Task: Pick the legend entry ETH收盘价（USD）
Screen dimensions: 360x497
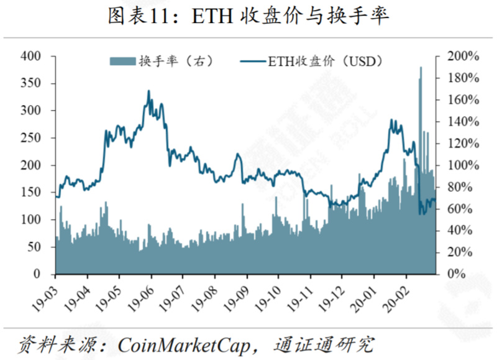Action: (x=311, y=61)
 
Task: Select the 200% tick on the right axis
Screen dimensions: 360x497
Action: (x=463, y=57)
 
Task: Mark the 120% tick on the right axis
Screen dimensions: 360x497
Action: (x=463, y=144)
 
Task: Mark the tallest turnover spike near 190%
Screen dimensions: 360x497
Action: (x=421, y=68)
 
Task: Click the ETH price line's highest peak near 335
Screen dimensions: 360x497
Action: (x=148, y=91)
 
